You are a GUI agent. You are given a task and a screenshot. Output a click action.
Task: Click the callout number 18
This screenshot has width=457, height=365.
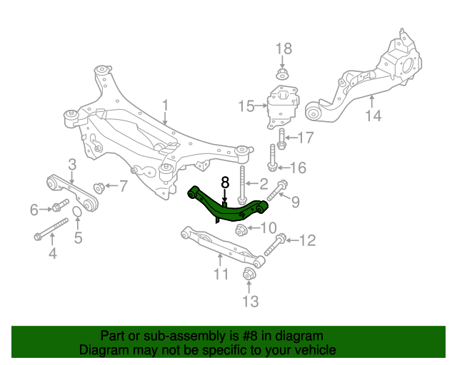[x=283, y=48]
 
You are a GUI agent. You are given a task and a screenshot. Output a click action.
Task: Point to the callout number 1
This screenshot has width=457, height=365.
[x=165, y=107]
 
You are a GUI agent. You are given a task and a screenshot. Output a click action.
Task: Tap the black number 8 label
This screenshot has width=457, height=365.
[x=224, y=182]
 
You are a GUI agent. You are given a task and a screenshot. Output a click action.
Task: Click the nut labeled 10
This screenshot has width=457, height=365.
[x=241, y=230]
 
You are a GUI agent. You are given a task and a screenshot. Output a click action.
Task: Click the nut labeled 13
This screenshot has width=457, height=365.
[x=249, y=274]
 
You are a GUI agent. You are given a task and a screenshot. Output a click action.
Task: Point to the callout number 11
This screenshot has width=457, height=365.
[x=221, y=274]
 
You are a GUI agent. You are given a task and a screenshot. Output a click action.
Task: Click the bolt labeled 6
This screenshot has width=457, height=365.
[x=57, y=208]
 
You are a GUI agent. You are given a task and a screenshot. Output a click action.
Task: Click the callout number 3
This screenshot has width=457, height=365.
[x=72, y=165]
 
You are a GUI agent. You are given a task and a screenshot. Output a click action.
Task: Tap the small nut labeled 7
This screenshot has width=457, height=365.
[x=99, y=187]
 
